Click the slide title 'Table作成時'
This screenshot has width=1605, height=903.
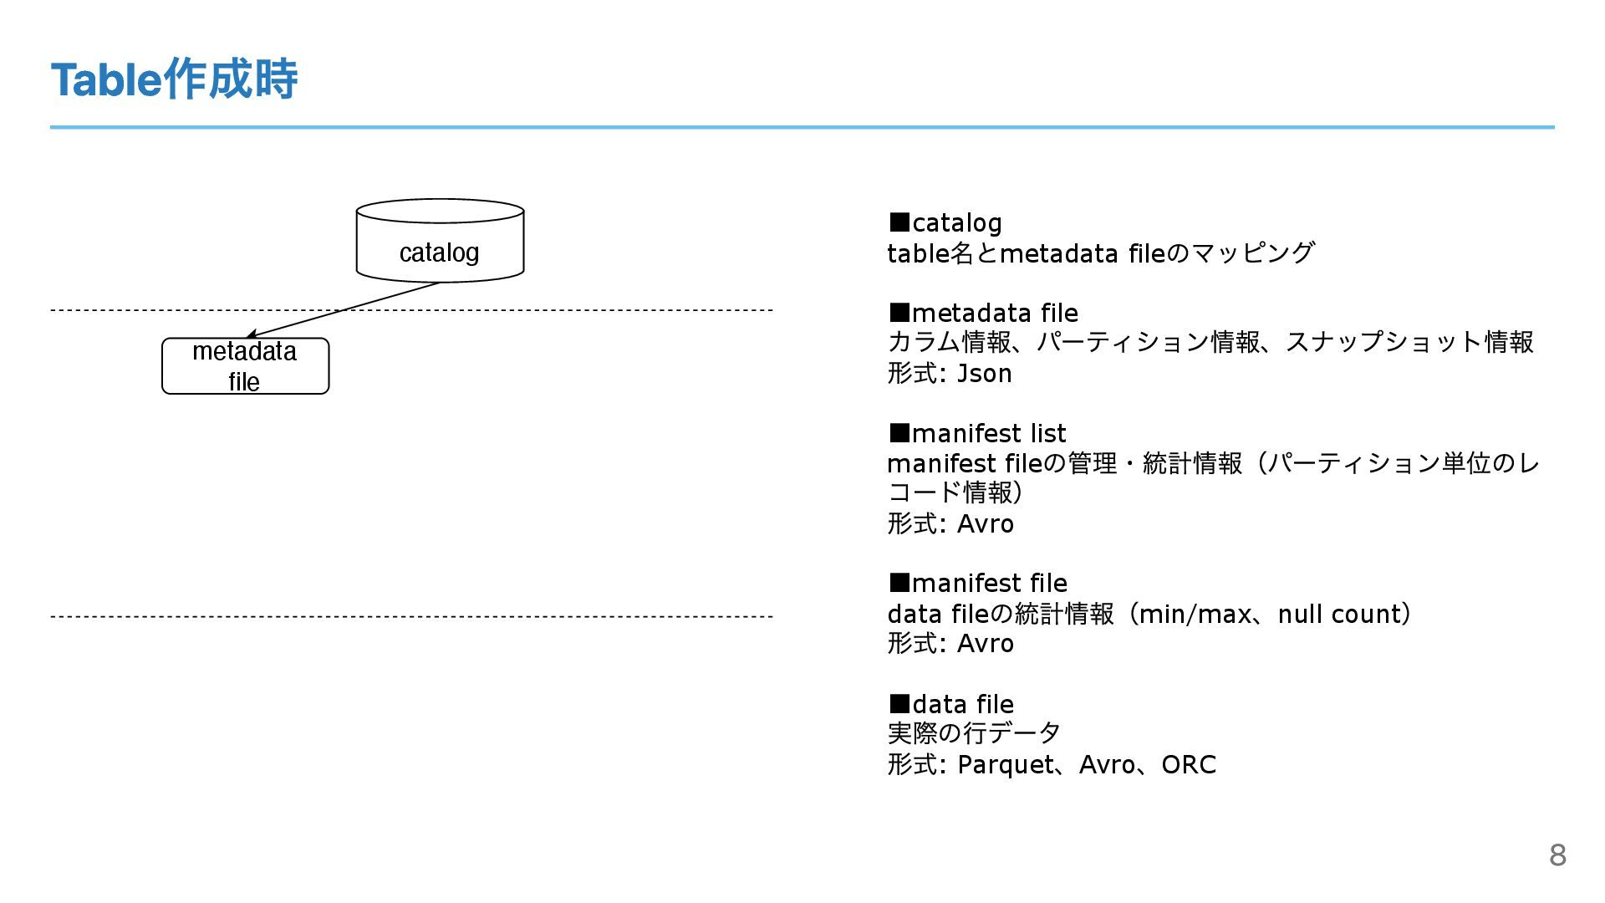tap(174, 79)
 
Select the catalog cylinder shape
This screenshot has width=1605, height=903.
tap(440, 242)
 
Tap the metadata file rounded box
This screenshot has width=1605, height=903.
tap(245, 366)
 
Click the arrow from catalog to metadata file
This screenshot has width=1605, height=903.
tap(343, 310)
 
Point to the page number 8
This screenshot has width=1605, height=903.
tap(1557, 855)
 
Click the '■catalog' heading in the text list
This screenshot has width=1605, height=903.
tap(945, 223)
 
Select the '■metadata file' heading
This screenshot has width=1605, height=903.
tap(983, 314)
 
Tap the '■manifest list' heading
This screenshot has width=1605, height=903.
tap(977, 434)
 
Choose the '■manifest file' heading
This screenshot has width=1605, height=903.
tap(978, 584)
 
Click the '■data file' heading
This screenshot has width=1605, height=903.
tap(951, 705)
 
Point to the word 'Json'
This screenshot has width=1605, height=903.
tap(984, 374)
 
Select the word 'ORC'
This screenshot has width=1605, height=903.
tap(1188, 765)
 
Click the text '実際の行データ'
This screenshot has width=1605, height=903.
tap(974, 733)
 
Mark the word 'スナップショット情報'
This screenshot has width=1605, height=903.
tap(1409, 343)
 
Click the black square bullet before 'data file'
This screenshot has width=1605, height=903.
tap(899, 703)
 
